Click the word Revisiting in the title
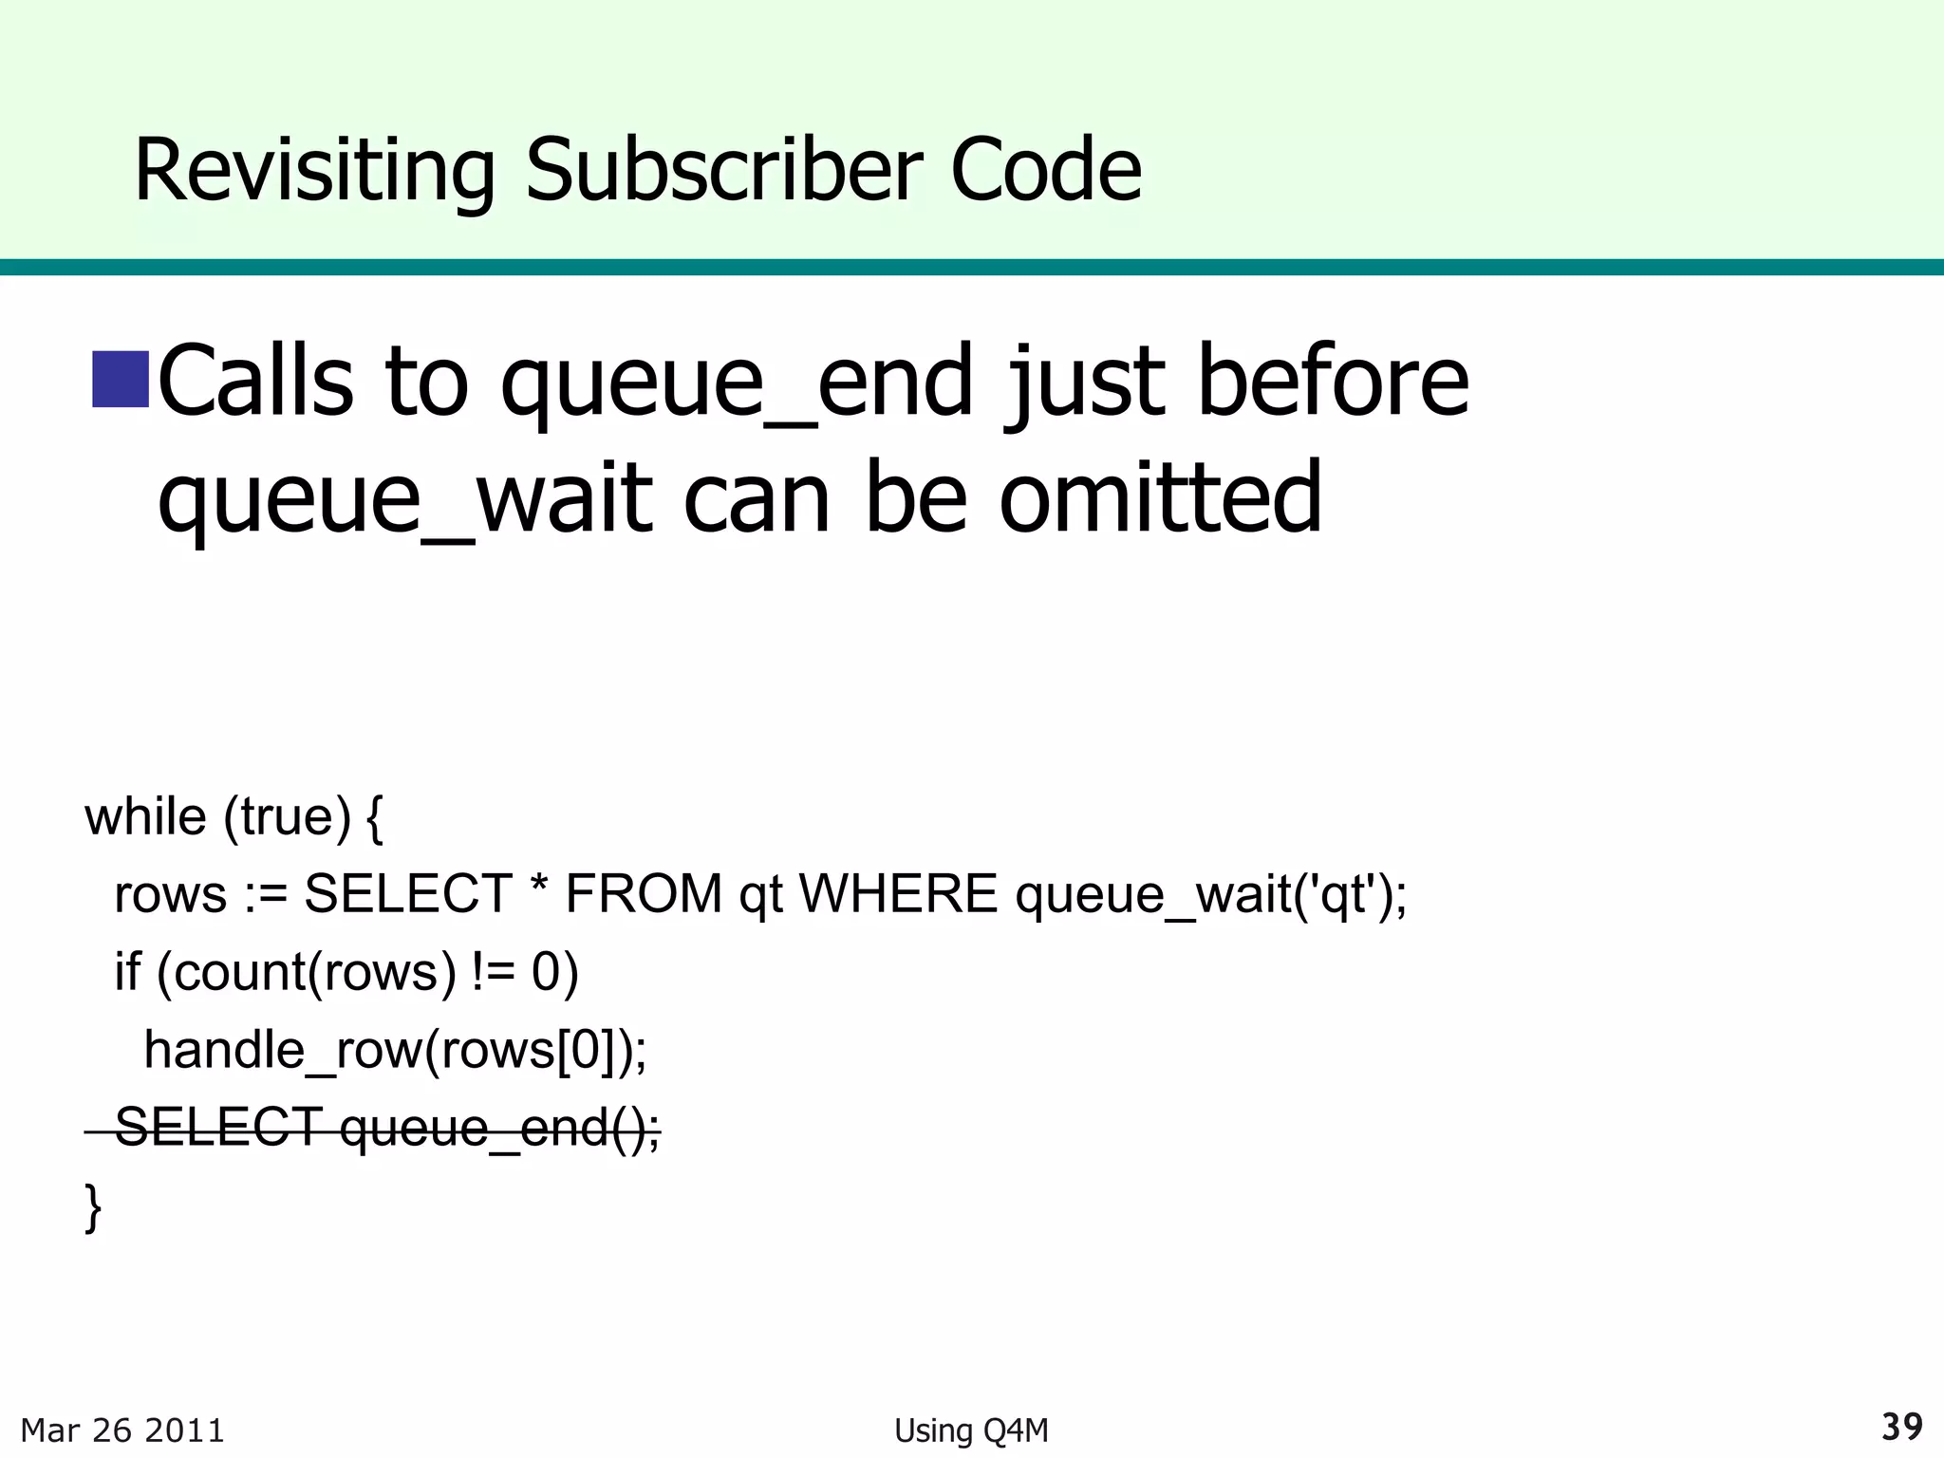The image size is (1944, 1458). (x=314, y=171)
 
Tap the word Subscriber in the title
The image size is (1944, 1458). (x=723, y=171)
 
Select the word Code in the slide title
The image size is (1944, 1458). (x=1045, y=171)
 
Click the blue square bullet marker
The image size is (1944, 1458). (x=121, y=379)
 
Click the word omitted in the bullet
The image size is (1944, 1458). (x=1160, y=496)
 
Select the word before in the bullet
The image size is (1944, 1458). (x=1333, y=381)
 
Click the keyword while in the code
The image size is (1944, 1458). (x=145, y=816)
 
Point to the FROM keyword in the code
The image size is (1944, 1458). (x=644, y=894)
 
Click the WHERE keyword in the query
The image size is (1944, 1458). (x=898, y=894)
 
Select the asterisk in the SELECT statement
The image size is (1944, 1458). (x=539, y=890)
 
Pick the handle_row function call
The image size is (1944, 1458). (x=395, y=1051)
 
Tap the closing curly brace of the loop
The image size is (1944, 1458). (x=93, y=1207)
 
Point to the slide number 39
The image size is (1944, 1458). (x=1902, y=1427)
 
